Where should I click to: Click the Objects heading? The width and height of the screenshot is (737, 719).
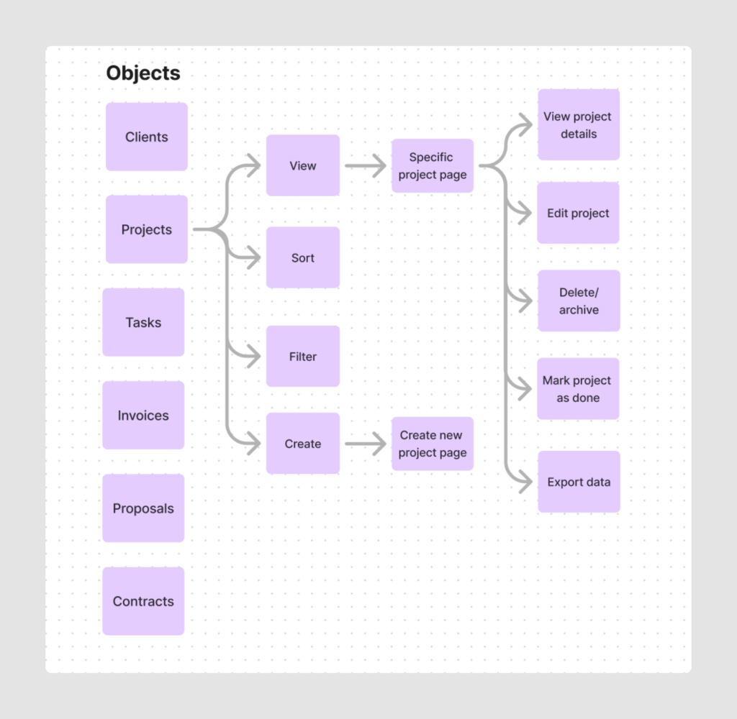pyautogui.click(x=143, y=73)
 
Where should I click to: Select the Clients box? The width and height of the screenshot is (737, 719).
pyautogui.click(x=147, y=137)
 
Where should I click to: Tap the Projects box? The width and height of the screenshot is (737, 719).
pyautogui.click(x=147, y=229)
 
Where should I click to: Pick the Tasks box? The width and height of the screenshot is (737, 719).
pyautogui.click(x=143, y=322)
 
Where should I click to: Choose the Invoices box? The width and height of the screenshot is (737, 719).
pyautogui.click(x=143, y=415)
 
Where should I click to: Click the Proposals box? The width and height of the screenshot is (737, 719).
pyautogui.click(x=143, y=508)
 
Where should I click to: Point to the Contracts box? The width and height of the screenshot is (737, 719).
pyautogui.click(x=143, y=601)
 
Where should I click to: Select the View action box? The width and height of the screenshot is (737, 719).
pyautogui.click(x=303, y=165)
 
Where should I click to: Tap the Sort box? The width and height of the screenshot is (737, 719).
pyautogui.click(x=303, y=257)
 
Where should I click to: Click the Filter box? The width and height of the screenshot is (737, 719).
pyautogui.click(x=303, y=356)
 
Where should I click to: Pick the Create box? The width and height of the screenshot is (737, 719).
pyautogui.click(x=303, y=444)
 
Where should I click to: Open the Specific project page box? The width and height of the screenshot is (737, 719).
pyautogui.click(x=433, y=166)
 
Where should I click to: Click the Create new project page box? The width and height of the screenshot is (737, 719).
pyautogui.click(x=433, y=444)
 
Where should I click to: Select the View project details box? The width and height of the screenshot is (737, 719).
pyautogui.click(x=579, y=125)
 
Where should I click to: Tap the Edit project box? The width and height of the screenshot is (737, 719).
pyautogui.click(x=578, y=213)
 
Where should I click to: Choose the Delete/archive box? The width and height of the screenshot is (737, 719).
pyautogui.click(x=579, y=301)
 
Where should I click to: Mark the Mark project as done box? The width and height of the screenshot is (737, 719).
pyautogui.click(x=578, y=389)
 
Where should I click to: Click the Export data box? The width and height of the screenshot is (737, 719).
pyautogui.click(x=579, y=482)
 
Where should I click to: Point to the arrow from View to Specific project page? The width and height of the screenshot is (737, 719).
pyautogui.click(x=366, y=166)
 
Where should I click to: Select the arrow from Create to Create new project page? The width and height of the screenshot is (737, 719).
pyautogui.click(x=366, y=444)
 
